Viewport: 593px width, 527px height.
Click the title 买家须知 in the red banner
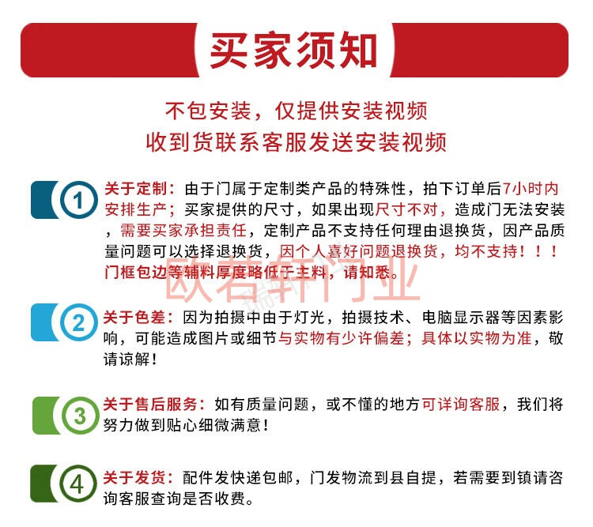pos(293,51)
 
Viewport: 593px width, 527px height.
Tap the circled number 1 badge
pos(77,200)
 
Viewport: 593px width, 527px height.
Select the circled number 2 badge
pos(78,322)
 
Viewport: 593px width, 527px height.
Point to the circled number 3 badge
pos(79,416)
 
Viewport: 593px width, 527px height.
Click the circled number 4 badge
pos(77,484)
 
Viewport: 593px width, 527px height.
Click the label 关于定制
pos(136,188)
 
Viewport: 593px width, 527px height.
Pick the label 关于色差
pos(134,317)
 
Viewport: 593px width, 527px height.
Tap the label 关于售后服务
pos(150,404)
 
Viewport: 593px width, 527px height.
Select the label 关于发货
pos(134,477)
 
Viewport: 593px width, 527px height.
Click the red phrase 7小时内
pos(531,188)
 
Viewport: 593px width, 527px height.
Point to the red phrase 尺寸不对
pos(406,209)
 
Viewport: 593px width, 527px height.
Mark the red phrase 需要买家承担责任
pos(183,230)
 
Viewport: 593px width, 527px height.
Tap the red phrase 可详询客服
pos(461,404)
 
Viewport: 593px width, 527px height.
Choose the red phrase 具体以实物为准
pos(477,338)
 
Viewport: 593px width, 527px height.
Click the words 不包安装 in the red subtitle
pos(209,111)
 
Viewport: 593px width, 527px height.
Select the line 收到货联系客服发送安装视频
pos(296,142)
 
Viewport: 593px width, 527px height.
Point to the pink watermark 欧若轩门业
pos(292,278)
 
